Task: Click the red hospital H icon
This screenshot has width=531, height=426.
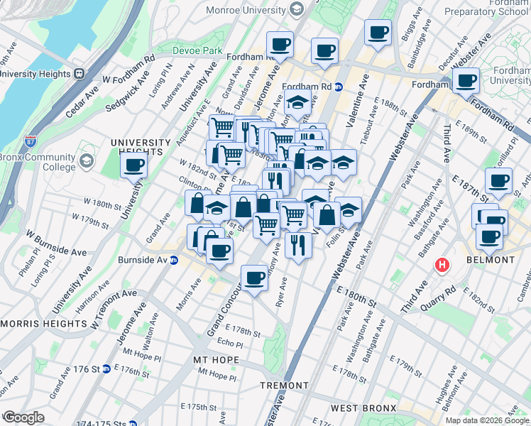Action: pos(442,266)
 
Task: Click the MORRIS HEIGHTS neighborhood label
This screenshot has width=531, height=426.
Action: pos(43,323)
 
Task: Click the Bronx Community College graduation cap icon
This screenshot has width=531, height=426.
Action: pos(87,162)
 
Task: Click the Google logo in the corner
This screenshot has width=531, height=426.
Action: pos(23,417)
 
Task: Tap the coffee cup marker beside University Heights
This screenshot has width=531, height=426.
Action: pos(134,167)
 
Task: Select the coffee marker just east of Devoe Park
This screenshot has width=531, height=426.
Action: pos(280,44)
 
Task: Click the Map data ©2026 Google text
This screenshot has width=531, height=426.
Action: pos(486,420)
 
